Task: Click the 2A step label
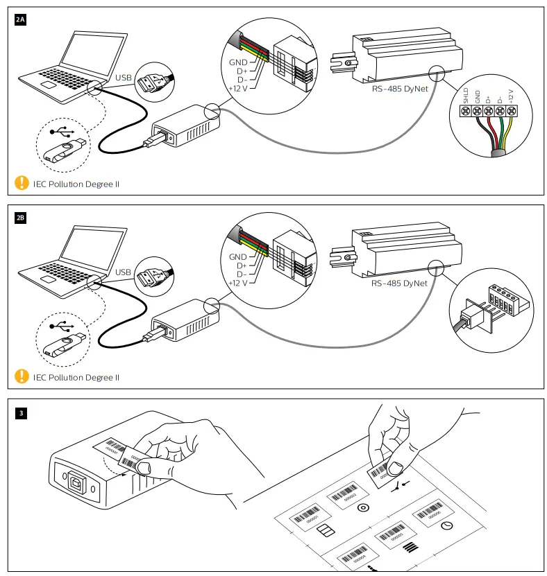tap(20, 20)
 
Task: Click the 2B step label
tap(20, 218)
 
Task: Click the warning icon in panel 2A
tap(22, 184)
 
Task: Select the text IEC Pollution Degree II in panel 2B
tap(76, 378)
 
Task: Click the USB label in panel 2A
tap(123, 77)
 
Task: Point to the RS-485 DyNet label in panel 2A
tap(399, 88)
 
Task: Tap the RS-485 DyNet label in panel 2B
tap(399, 283)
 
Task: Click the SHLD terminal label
tap(466, 95)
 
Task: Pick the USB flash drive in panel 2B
tap(67, 344)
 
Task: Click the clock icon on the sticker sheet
tap(447, 527)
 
